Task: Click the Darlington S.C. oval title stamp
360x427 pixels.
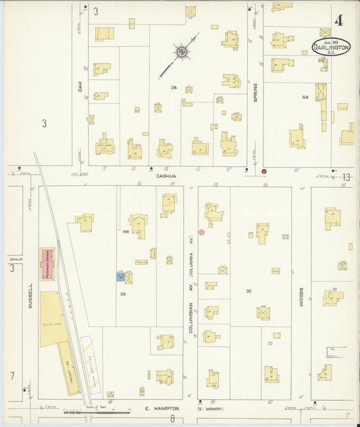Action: pyautogui.click(x=331, y=47)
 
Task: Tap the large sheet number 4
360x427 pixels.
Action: pyautogui.click(x=338, y=20)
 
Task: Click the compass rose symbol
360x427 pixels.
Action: pyautogui.click(x=181, y=51)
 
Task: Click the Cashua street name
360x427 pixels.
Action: pyautogui.click(x=166, y=176)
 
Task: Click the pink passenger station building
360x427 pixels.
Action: pyautogui.click(x=48, y=263)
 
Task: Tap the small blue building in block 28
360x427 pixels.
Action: pyautogui.click(x=120, y=276)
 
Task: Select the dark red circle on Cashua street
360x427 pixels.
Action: pyautogui.click(x=264, y=172)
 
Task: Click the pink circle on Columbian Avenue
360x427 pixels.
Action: pyautogui.click(x=201, y=232)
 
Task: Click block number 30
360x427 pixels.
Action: pyautogui.click(x=249, y=291)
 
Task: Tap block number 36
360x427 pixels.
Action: pyautogui.click(x=174, y=88)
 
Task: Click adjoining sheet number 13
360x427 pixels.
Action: pyautogui.click(x=346, y=177)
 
